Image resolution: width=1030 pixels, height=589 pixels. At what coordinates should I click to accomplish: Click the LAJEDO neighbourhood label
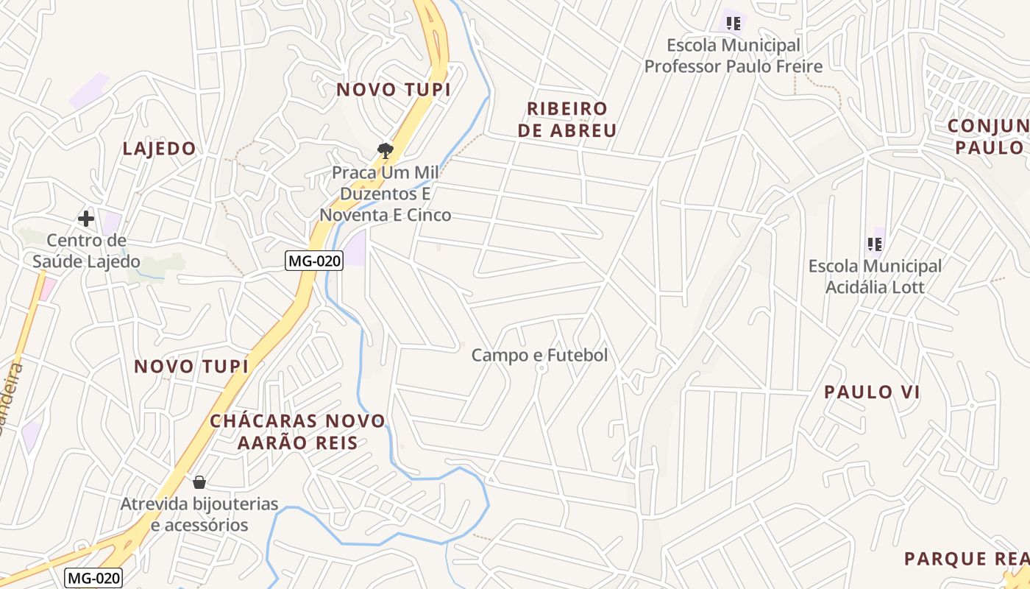click(x=159, y=149)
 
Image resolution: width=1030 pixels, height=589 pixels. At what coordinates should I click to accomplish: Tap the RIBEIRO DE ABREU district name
click(x=567, y=120)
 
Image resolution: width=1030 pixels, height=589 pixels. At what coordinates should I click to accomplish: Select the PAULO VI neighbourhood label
click(x=872, y=392)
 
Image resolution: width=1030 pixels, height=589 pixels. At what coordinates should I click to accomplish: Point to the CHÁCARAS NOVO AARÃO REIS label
click(x=297, y=431)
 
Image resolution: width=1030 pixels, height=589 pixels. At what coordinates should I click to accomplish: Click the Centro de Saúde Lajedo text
click(x=86, y=251)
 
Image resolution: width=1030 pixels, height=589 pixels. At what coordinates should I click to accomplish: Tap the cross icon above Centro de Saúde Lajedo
click(x=86, y=219)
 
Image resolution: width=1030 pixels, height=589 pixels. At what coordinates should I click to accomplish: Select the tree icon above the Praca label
click(x=385, y=151)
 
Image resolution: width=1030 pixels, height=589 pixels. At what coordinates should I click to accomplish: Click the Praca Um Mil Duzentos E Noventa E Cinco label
click(x=385, y=194)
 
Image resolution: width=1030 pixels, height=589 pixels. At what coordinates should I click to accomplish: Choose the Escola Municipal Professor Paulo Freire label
click(x=733, y=56)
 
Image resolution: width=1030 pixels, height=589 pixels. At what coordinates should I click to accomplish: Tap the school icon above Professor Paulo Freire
click(x=733, y=24)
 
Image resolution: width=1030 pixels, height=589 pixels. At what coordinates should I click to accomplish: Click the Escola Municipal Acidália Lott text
click(x=875, y=276)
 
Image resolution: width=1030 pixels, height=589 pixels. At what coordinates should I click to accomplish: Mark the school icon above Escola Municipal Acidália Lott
click(x=875, y=244)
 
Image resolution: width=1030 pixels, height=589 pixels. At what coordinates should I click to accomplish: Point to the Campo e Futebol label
click(x=539, y=355)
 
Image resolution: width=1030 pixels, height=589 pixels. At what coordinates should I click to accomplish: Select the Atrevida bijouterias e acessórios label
click(x=199, y=515)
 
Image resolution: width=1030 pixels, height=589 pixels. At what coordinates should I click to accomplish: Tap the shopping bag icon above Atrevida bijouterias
click(x=199, y=483)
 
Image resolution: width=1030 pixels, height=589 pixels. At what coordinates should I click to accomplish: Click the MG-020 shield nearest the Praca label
click(x=315, y=261)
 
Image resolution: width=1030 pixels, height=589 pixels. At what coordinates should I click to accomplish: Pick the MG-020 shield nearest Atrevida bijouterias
click(x=93, y=578)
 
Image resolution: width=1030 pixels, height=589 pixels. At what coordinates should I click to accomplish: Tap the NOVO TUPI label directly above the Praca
click(x=393, y=90)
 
